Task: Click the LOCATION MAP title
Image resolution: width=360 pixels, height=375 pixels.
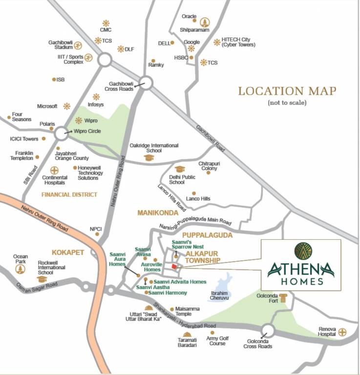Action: coord(287,91)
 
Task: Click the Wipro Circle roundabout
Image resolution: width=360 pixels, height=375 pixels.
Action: coord(62,132)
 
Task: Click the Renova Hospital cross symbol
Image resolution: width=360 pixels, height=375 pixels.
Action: coord(342,333)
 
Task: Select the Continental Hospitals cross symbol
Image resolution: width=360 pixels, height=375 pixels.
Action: coord(54,170)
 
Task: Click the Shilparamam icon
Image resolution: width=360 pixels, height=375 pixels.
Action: coord(204,21)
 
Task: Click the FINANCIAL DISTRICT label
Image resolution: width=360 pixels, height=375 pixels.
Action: coord(69,194)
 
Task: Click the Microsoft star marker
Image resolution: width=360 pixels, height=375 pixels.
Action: coord(66,106)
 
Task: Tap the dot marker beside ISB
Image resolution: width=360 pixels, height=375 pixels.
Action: coord(54,79)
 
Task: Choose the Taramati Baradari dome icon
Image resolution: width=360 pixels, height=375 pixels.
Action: coord(187,334)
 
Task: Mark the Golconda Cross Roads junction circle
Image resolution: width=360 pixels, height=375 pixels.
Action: coord(268,330)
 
